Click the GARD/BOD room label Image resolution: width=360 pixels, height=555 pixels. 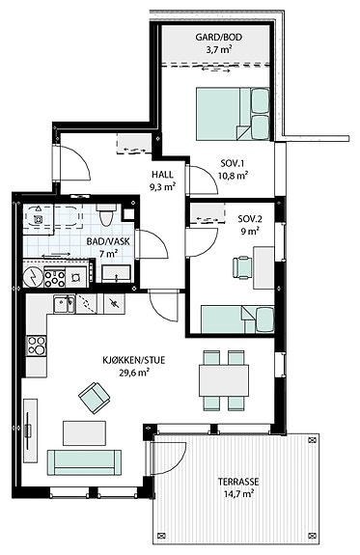point(219,38)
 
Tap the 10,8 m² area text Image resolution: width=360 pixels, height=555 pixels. point(233,176)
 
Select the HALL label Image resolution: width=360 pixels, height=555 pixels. point(162,175)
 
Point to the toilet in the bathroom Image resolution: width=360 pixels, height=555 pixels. point(106,214)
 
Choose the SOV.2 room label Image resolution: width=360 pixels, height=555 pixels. point(250,219)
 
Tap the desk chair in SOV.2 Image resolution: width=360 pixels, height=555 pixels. point(242,267)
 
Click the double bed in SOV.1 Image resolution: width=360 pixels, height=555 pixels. point(233,114)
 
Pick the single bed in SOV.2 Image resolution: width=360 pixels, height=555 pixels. point(237,319)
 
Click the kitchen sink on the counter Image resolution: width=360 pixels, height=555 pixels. point(64,304)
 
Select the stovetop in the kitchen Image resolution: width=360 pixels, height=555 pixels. point(37,346)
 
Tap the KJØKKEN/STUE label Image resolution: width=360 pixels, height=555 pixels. point(134,361)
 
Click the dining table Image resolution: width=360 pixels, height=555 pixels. point(224,380)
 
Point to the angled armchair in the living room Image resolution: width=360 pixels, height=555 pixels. point(95,398)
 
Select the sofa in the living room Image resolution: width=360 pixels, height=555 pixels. point(84,462)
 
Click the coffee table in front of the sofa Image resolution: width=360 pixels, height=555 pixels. point(84,432)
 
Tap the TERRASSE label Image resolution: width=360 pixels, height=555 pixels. point(238,482)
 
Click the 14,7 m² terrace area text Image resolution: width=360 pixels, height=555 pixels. point(239,493)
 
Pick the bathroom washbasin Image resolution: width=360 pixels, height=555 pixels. point(116,274)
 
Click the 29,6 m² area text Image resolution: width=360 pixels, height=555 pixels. point(133,373)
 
